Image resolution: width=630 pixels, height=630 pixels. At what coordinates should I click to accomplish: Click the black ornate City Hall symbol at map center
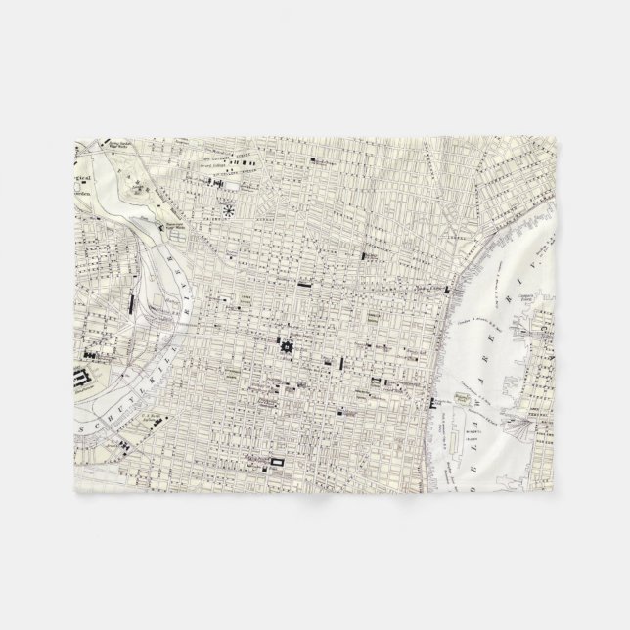click(288, 345)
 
